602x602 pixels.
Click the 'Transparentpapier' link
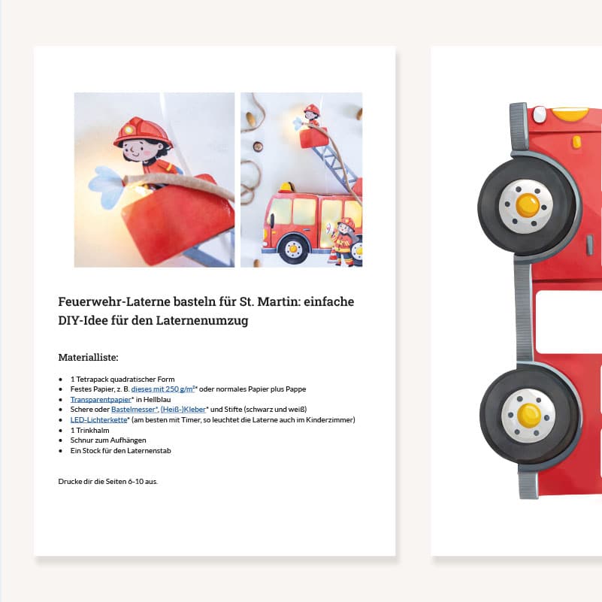pyautogui.click(x=101, y=399)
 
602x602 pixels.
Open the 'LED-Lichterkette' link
pyautogui.click(x=98, y=419)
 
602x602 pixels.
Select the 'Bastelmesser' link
pyautogui.click(x=134, y=410)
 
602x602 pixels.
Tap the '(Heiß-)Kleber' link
pyautogui.click(x=183, y=410)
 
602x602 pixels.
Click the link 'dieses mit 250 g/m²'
pyautogui.click(x=163, y=389)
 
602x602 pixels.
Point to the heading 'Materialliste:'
pyautogui.click(x=88, y=358)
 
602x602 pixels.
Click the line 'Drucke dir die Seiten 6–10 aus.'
pyautogui.click(x=108, y=482)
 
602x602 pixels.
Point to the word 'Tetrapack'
pyautogui.click(x=92, y=379)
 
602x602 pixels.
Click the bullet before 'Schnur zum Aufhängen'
pyautogui.click(x=61, y=440)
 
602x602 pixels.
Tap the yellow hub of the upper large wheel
pyautogui.click(x=527, y=205)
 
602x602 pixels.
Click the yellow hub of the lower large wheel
pyautogui.click(x=528, y=416)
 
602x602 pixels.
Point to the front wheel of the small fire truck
pyautogui.click(x=293, y=249)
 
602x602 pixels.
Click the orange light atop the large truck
pyautogui.click(x=570, y=114)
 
